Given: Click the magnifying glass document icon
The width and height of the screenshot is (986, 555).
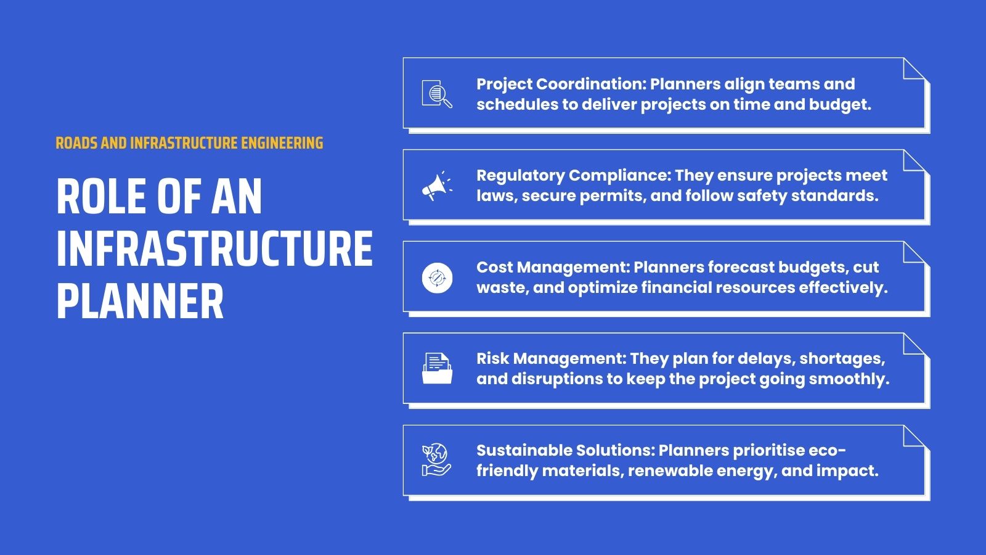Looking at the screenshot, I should point(437,94).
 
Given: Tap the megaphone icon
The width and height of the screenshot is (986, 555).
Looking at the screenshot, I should point(436,186).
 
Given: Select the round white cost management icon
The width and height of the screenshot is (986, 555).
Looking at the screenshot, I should point(437,277).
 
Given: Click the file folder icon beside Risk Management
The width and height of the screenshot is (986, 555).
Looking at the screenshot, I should point(437,369).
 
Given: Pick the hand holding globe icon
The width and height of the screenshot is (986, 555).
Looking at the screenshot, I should point(436,460).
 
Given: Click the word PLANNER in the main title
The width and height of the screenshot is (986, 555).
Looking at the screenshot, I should point(140,302).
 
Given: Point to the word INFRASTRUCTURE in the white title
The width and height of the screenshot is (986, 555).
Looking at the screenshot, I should point(214,249).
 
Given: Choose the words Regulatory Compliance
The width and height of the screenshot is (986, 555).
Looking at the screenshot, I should point(572,175).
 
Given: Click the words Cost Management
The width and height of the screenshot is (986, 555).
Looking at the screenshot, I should point(551,267).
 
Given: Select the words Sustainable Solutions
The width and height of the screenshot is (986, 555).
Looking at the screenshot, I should point(564,450).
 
